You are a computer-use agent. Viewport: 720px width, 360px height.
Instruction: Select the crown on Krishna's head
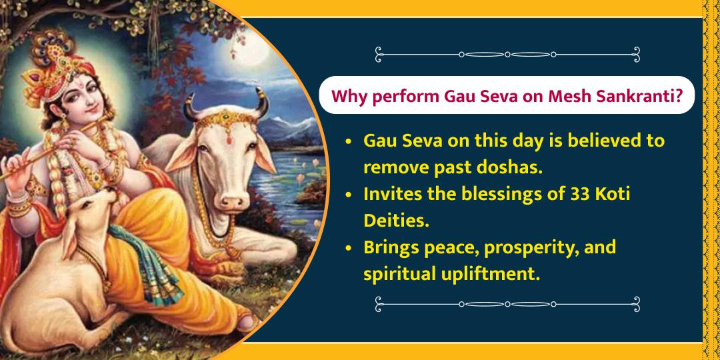[50, 50]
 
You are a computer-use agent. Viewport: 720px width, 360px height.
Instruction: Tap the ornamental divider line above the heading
[507, 54]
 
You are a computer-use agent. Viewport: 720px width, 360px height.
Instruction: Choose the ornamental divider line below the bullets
[507, 304]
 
